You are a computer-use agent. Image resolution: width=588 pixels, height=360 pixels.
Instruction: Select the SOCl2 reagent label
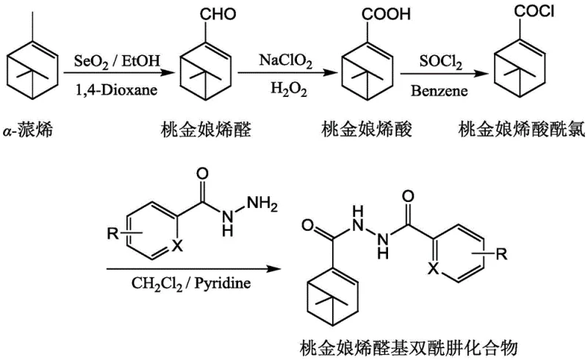pyautogui.click(x=440, y=58)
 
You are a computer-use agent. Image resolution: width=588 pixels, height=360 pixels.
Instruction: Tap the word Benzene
pyautogui.click(x=440, y=87)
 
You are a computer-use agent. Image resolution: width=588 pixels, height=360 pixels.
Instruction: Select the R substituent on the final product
pyautogui.click(x=502, y=255)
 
